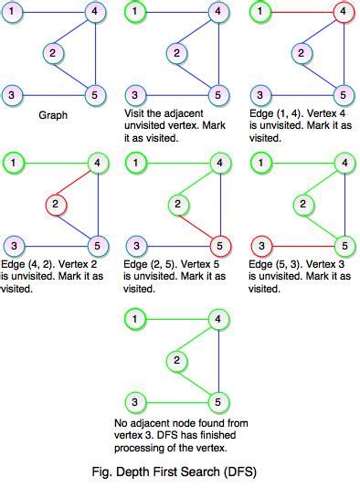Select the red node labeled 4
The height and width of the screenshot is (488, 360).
(x=343, y=12)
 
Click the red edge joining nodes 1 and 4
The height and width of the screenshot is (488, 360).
(x=302, y=12)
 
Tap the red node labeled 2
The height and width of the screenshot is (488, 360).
(x=56, y=203)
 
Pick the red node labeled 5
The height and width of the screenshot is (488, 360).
(x=217, y=245)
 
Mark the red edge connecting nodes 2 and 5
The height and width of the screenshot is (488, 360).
(x=197, y=226)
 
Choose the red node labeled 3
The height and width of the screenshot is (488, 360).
(x=260, y=245)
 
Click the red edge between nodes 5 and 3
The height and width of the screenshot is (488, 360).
(x=302, y=245)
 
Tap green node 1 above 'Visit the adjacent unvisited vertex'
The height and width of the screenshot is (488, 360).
(x=136, y=12)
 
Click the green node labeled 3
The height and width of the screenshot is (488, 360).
(x=136, y=401)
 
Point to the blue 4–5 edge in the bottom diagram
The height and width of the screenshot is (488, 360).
(x=218, y=361)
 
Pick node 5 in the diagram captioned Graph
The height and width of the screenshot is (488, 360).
(x=94, y=94)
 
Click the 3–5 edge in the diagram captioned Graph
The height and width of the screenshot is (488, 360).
(x=53, y=94)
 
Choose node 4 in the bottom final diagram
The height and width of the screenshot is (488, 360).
(x=218, y=319)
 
